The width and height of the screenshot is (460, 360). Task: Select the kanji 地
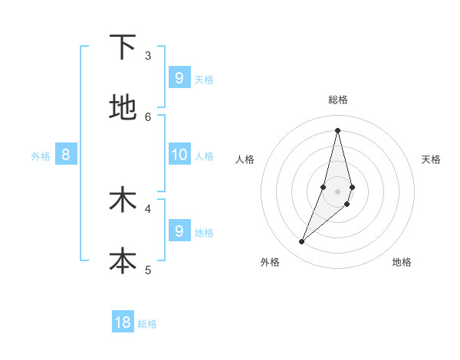123,107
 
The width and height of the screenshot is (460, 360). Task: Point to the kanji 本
123,260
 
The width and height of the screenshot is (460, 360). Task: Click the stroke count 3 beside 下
148,55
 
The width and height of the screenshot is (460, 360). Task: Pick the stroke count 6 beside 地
148,116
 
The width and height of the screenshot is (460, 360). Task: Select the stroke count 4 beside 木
148,208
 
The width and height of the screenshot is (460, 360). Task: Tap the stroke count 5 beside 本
148,270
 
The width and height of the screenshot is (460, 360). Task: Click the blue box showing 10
179,155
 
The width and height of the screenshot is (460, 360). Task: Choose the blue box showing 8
66,155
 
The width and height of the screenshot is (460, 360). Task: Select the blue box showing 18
123,322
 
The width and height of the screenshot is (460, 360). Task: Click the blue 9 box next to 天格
179,77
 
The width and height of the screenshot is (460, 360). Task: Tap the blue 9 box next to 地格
179,231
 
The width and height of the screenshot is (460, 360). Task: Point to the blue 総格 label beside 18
147,324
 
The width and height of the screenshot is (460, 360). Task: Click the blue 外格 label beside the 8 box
41,156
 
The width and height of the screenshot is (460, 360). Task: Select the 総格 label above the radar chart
338,100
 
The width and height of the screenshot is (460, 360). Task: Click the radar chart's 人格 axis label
245,159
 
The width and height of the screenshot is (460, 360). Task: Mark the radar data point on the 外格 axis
302,242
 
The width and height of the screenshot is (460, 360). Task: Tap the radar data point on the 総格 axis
337,129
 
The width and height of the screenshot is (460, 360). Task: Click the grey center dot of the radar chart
337,191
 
